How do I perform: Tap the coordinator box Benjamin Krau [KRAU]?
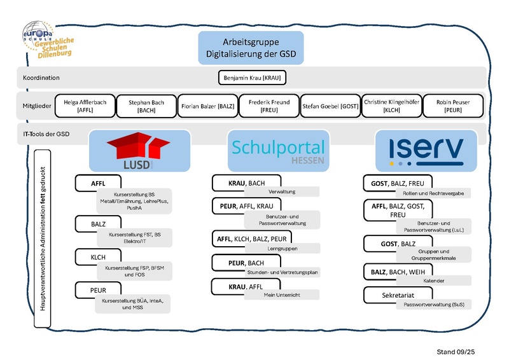point(253,78)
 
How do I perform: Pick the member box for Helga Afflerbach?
point(85,106)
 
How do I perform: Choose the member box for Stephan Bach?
point(146,106)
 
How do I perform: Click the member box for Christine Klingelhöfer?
point(391,106)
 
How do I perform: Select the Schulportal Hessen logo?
point(279,151)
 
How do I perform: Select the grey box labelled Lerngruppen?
point(282,248)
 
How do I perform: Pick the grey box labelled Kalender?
point(433,280)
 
